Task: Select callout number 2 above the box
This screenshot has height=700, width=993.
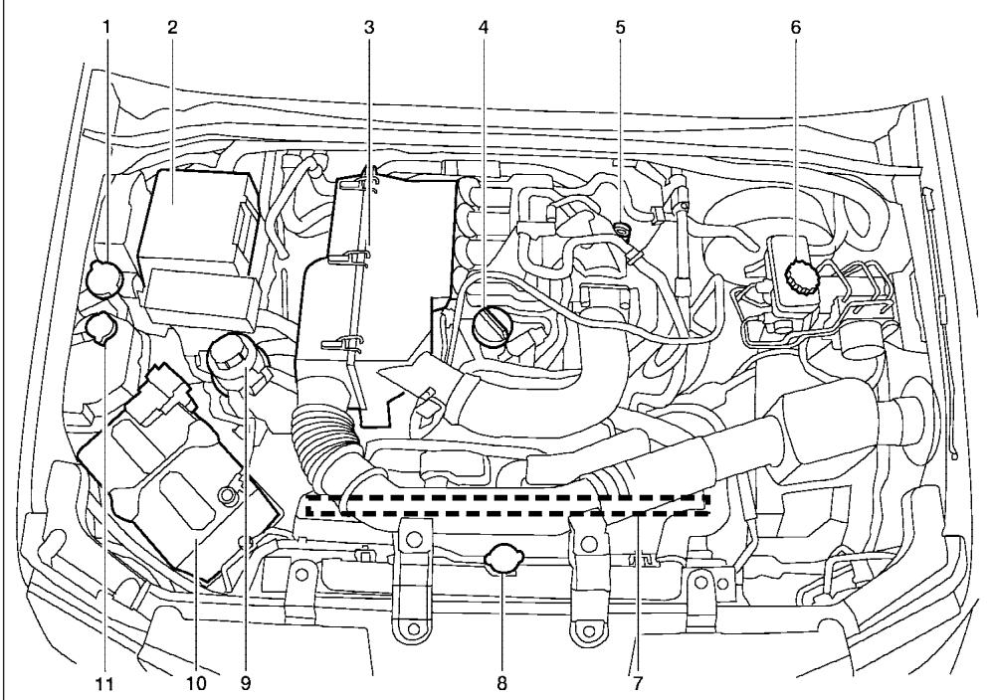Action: click(x=171, y=27)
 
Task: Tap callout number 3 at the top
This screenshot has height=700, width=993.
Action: click(x=368, y=27)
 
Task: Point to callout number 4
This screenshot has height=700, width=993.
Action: click(x=484, y=27)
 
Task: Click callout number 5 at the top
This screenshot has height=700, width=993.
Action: click(x=620, y=27)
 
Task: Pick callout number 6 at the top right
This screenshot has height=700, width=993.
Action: click(x=795, y=27)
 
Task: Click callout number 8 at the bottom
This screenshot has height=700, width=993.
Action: click(x=502, y=683)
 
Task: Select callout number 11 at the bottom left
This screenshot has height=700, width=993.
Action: click(x=105, y=683)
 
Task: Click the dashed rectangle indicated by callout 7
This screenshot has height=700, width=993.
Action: click(x=507, y=504)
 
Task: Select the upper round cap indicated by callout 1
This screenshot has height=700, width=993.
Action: click(x=103, y=277)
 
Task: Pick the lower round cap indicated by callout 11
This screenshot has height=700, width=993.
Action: click(x=100, y=325)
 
